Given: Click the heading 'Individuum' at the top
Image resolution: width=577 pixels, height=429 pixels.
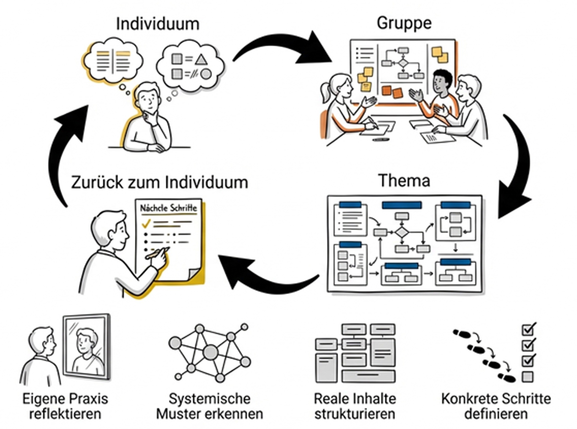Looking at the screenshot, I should pyautogui.click(x=158, y=24).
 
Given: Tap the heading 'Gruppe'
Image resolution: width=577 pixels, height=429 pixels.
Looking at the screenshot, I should pyautogui.click(x=404, y=23).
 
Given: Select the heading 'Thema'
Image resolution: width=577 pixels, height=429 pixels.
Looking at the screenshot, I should pyautogui.click(x=404, y=181).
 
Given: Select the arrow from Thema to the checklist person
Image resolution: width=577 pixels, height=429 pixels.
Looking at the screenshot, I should pyautogui.click(x=265, y=275).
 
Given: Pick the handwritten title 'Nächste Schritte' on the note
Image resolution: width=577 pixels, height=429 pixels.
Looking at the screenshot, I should pyautogui.click(x=169, y=208).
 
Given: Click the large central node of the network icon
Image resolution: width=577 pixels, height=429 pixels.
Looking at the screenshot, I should pyautogui.click(x=211, y=352).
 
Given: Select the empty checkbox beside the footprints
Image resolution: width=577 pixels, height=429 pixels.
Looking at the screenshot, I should pyautogui.click(x=527, y=377).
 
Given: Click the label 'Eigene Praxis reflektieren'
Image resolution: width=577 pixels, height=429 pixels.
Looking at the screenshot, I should pyautogui.click(x=65, y=406).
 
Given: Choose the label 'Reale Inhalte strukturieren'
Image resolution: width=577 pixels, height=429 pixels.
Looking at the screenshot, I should pyautogui.click(x=355, y=406).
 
